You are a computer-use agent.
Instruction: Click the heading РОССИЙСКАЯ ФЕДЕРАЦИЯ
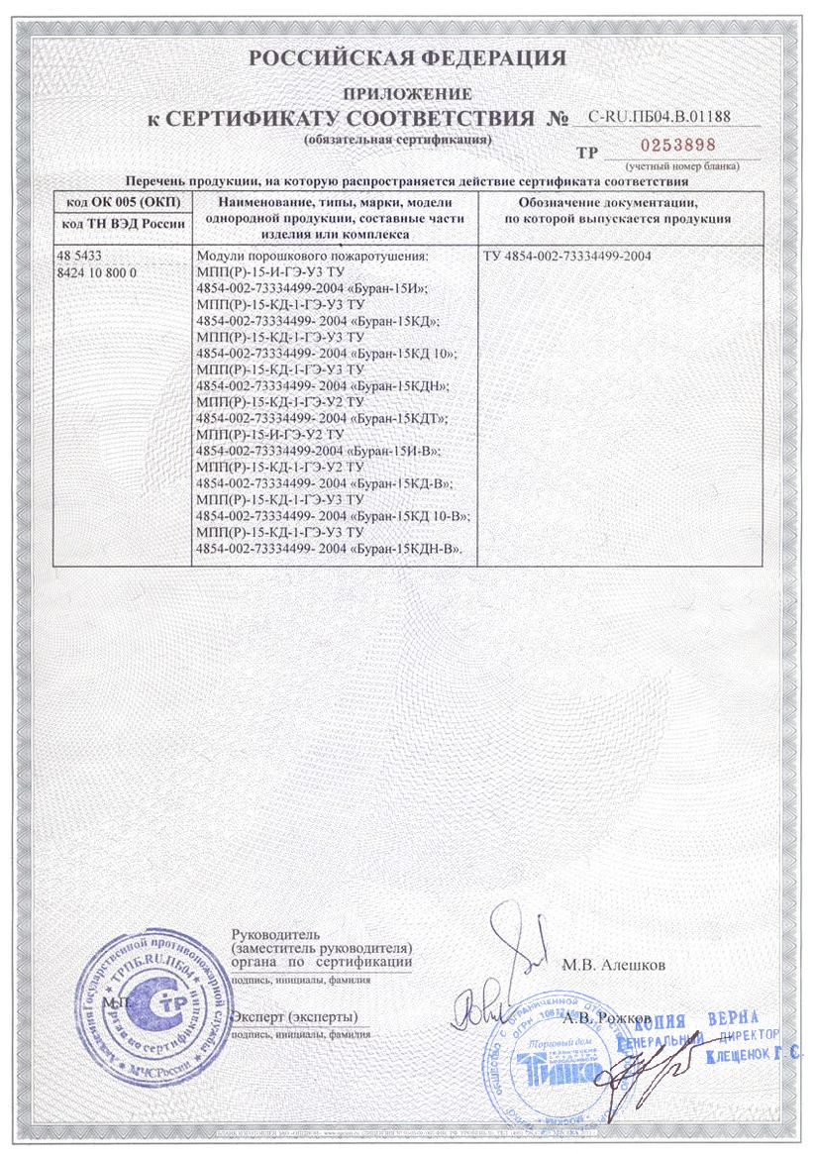point(407,58)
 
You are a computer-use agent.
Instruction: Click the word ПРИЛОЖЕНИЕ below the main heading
point(407,94)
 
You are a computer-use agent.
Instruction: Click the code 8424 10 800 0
point(98,271)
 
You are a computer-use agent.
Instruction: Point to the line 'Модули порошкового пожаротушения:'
point(315,258)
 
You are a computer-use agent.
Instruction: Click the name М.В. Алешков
point(614,963)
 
